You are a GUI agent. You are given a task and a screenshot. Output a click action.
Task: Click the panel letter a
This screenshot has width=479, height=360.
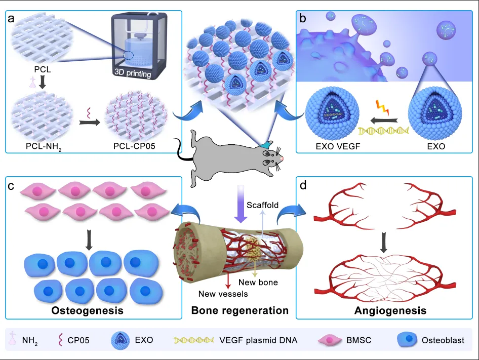click(x=11, y=20)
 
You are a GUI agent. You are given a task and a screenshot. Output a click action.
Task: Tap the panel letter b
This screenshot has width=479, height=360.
click(x=302, y=20)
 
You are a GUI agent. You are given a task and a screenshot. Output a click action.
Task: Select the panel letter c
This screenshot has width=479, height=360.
click(x=11, y=185)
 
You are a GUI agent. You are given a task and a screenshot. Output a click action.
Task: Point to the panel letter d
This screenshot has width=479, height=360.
click(x=303, y=185)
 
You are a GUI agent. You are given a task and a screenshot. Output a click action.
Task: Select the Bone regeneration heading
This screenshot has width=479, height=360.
click(x=239, y=310)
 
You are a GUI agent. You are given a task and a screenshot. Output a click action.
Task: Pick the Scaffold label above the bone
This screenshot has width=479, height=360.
click(x=263, y=205)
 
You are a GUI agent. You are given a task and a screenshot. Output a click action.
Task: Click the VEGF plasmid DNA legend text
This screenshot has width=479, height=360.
click(x=258, y=340)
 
